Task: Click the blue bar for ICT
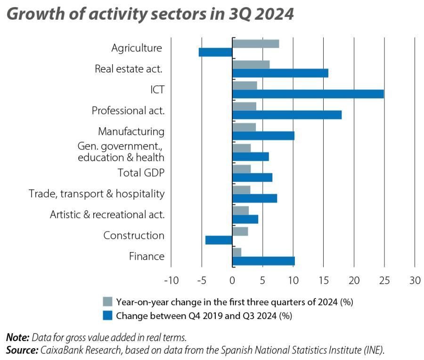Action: click(x=308, y=94)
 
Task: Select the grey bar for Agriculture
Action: click(x=256, y=44)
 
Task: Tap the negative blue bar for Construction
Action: click(x=219, y=240)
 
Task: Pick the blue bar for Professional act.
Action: click(x=287, y=115)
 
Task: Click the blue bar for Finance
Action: click(x=263, y=261)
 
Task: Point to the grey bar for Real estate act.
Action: click(x=251, y=65)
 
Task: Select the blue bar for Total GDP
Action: click(x=253, y=177)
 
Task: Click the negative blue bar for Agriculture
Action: click(x=216, y=52)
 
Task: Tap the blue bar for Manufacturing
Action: click(x=263, y=136)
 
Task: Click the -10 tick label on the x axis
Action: click(x=171, y=280)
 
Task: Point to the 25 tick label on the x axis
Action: click(x=384, y=280)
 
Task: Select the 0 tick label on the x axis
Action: click(x=232, y=280)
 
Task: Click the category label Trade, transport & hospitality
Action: click(x=97, y=194)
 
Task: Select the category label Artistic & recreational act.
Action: click(x=107, y=215)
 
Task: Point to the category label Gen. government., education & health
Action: click(x=121, y=152)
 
